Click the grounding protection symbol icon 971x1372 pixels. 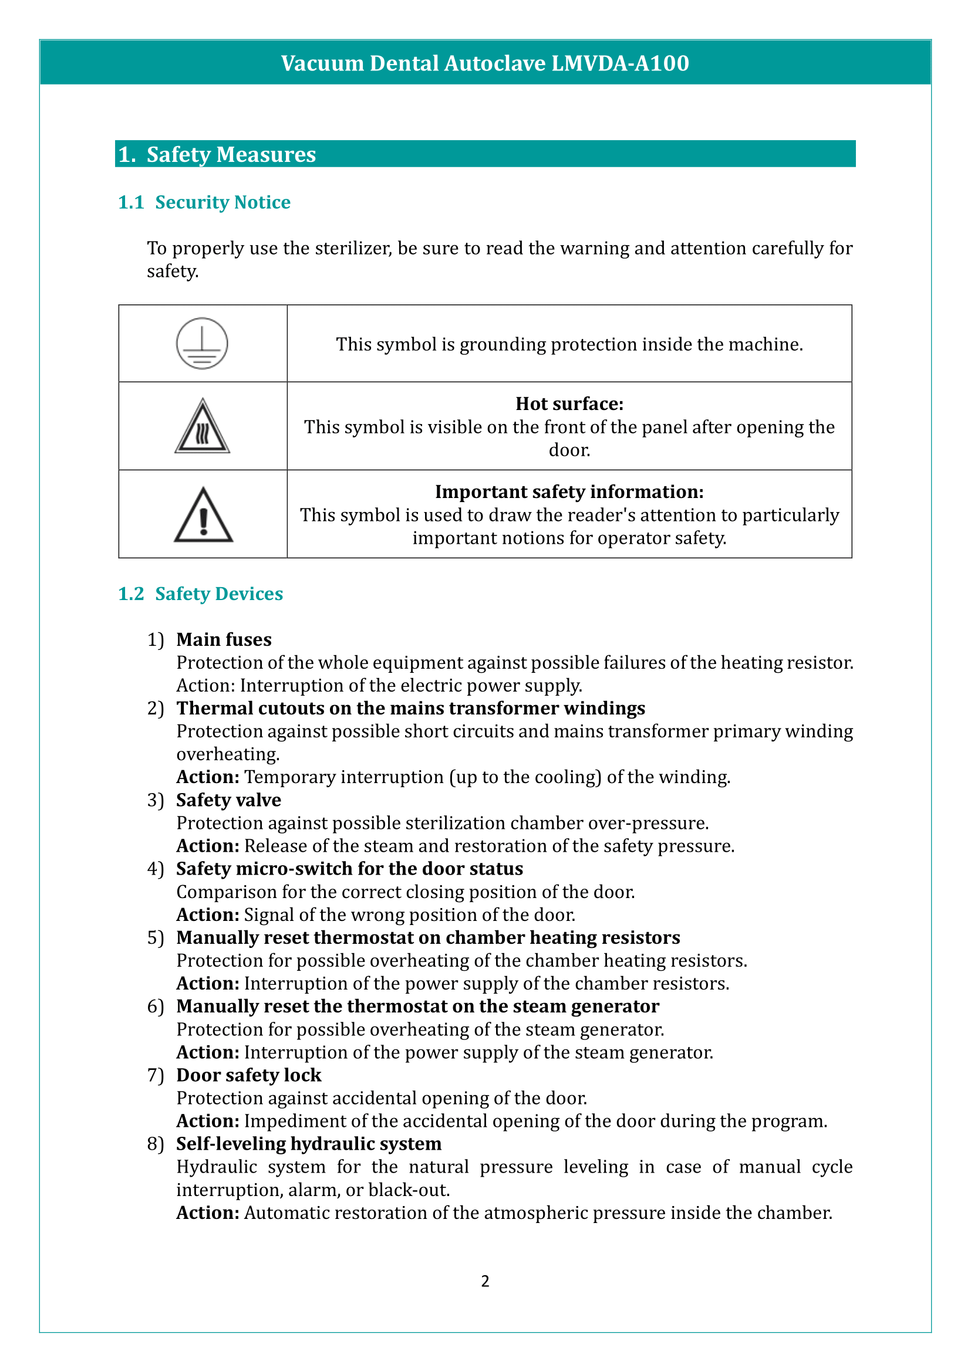(x=202, y=344)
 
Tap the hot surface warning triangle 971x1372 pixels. (x=202, y=427)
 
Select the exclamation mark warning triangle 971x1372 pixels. (x=203, y=515)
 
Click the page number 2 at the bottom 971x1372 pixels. (x=485, y=1281)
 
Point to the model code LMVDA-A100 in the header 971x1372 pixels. (x=620, y=63)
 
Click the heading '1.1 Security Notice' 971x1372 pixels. (x=204, y=202)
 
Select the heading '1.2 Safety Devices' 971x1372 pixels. (x=200, y=594)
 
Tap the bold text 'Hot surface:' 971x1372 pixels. (x=569, y=404)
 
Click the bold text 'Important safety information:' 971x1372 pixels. (x=569, y=492)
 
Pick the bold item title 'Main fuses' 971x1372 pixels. (x=224, y=640)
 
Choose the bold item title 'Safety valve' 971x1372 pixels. (x=228, y=800)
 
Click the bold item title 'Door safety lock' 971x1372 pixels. (x=249, y=1075)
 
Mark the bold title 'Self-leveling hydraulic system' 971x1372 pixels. (x=309, y=1144)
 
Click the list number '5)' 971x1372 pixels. (x=156, y=937)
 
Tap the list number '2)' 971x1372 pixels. (x=156, y=708)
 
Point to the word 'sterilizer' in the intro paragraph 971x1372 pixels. (x=353, y=248)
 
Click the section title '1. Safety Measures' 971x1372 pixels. (x=217, y=154)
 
